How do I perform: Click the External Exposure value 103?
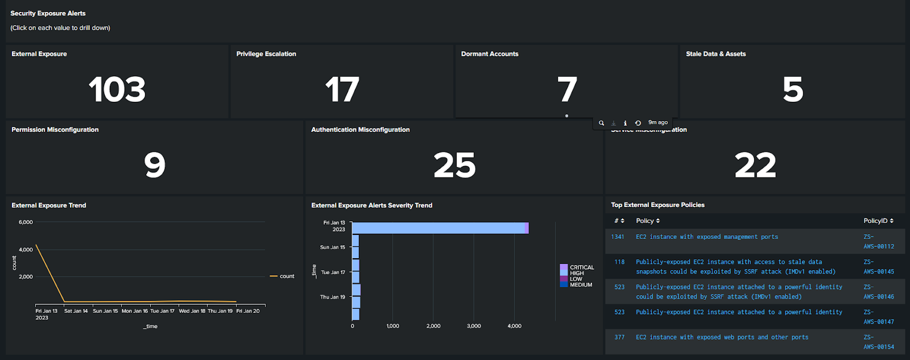point(117,90)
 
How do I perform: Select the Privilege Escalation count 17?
point(342,90)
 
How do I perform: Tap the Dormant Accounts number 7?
point(567,90)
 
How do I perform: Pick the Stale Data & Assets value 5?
point(793,90)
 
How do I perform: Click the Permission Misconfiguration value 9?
point(155,165)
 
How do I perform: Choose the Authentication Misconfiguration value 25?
point(454,165)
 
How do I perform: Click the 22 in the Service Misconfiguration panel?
point(755,165)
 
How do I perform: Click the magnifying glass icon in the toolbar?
point(601,123)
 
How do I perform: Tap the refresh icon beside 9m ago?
point(638,123)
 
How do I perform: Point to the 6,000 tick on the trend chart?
point(26,222)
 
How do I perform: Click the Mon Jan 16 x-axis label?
point(135,311)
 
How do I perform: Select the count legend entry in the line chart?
point(283,276)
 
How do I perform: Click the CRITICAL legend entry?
point(581,267)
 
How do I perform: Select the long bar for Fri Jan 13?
point(439,228)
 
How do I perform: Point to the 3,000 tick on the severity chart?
point(474,326)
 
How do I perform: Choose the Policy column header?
point(647,221)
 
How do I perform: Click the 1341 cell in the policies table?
point(618,237)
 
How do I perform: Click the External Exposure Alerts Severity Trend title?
point(371,205)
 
